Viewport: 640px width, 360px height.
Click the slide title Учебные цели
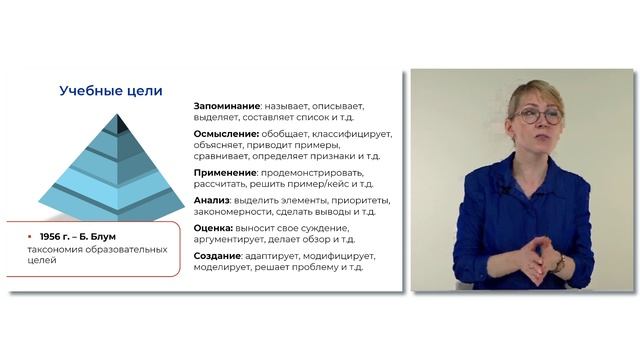coord(111,92)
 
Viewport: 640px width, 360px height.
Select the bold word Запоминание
coord(227,105)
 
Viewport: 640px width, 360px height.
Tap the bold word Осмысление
coord(225,134)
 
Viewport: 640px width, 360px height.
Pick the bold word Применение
coord(225,172)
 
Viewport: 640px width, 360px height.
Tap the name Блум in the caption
coord(116,237)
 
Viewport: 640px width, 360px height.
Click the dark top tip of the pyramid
coord(118,124)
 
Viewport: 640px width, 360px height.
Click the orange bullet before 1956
coord(31,237)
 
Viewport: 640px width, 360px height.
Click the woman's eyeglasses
coord(538,117)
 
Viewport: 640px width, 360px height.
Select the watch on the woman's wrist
coord(558,262)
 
